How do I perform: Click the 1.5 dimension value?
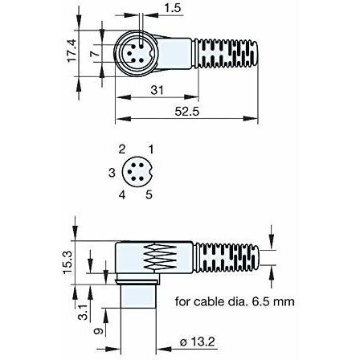[x=172, y=8]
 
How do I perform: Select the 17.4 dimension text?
[x=72, y=51]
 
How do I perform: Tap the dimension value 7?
[x=96, y=53]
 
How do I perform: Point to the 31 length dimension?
[x=157, y=90]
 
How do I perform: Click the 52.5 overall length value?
[x=187, y=112]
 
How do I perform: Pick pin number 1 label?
[x=151, y=149]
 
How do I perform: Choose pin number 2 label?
[x=122, y=149]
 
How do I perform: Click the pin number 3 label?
[x=112, y=173]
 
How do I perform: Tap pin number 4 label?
[x=122, y=194]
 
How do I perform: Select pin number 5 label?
[x=149, y=194]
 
